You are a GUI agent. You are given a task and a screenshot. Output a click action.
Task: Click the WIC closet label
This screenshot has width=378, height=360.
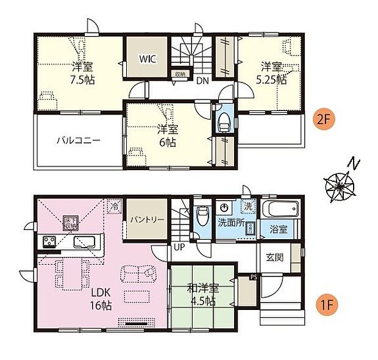148,59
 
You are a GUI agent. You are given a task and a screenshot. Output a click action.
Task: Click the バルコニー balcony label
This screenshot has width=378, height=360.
79,140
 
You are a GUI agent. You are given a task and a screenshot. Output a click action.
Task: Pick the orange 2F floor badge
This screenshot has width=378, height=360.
323,119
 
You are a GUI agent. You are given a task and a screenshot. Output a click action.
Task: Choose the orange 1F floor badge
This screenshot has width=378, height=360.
323,301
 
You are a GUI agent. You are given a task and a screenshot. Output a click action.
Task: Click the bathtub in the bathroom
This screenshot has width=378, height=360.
280,209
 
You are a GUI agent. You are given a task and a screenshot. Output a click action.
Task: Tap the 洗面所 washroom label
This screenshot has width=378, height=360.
230,223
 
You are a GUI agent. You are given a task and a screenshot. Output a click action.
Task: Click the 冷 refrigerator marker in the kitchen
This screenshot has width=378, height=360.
114,207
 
